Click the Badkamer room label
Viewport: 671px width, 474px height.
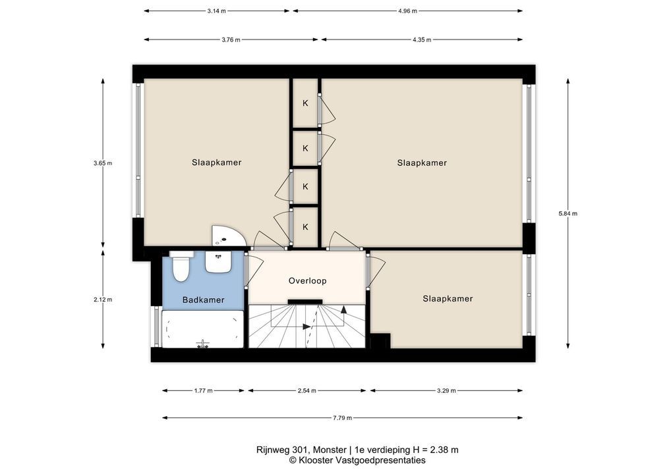tap(203, 300)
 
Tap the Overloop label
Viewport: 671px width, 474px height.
tap(307, 280)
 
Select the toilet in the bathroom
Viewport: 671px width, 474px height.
tap(181, 266)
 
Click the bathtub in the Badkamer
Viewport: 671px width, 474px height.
tap(203, 329)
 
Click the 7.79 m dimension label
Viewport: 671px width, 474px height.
tap(342, 418)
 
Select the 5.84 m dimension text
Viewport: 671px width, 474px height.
tap(568, 214)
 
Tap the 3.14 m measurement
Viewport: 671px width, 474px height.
tap(217, 11)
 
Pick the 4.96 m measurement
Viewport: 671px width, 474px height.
tap(407, 11)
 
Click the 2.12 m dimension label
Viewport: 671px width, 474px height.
tap(103, 300)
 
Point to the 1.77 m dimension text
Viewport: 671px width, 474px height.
tap(203, 390)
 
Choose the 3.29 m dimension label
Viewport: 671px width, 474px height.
tap(446, 390)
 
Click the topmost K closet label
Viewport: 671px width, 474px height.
tap(305, 103)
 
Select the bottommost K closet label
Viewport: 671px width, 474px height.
tap(305, 227)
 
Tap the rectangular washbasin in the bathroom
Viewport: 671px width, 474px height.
tap(218, 261)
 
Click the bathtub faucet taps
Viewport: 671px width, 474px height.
tap(202, 344)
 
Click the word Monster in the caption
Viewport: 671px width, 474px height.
tap(330, 450)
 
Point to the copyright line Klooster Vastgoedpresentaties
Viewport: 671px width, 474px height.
tap(357, 460)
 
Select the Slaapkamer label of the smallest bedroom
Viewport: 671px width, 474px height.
tap(448, 299)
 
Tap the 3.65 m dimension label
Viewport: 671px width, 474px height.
tap(103, 163)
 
